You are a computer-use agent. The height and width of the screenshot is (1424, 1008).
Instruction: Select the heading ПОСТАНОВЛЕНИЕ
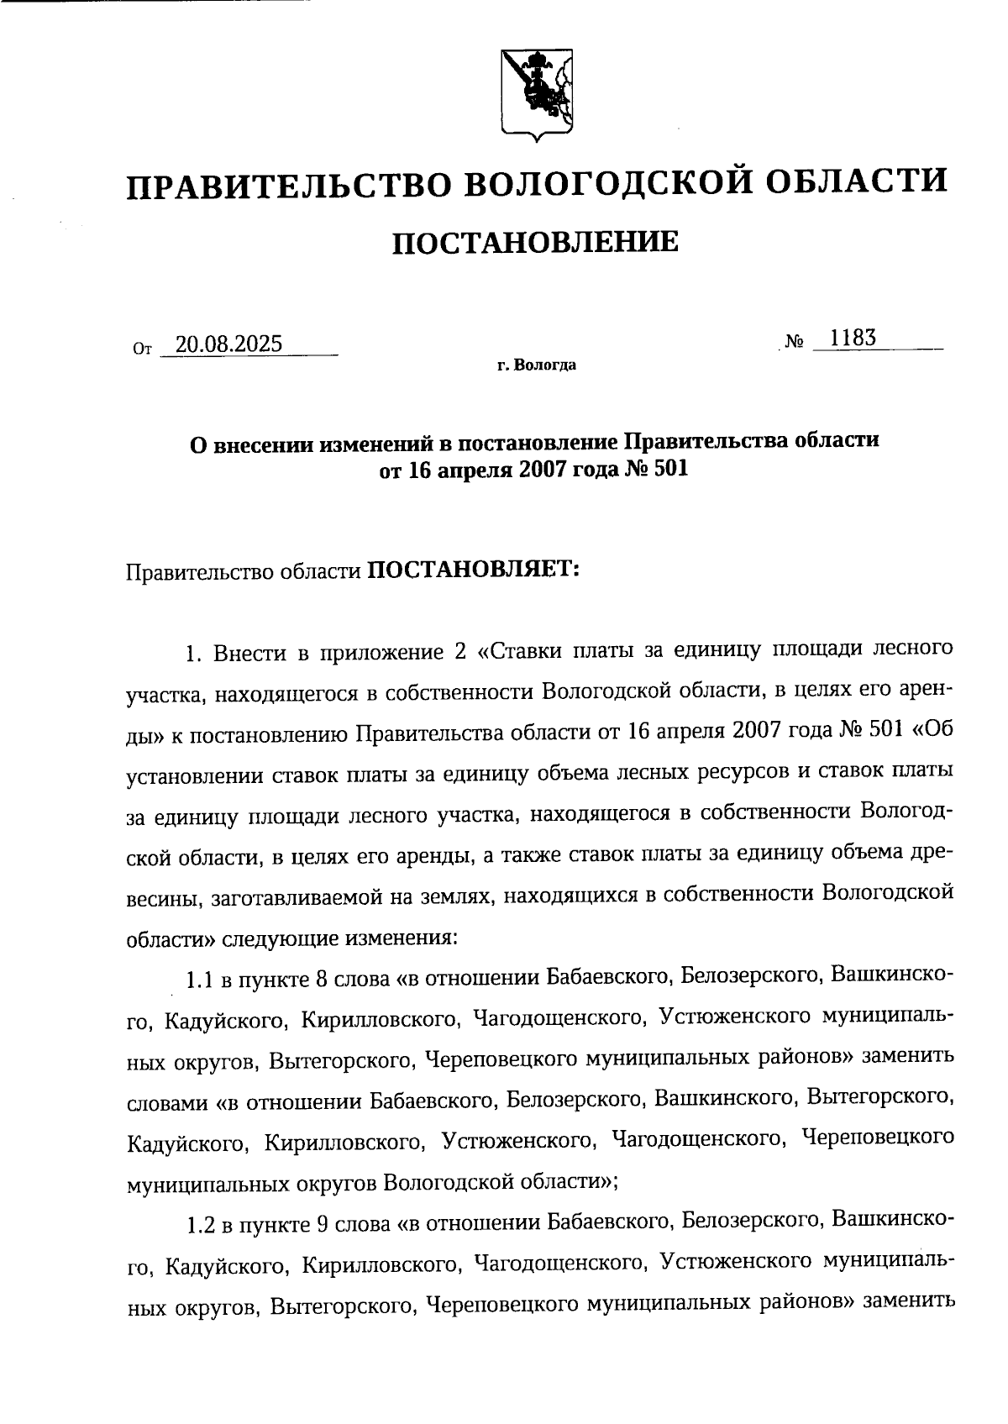(536, 243)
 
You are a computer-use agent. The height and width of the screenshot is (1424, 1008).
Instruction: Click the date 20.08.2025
(223, 344)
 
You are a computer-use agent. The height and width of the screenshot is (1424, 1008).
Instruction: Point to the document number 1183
(853, 338)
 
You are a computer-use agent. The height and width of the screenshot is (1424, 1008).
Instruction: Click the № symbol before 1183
(795, 342)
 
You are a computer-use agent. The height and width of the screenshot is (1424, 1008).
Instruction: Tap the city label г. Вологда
(536, 365)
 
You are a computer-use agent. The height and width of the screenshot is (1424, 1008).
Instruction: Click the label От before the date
(141, 348)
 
